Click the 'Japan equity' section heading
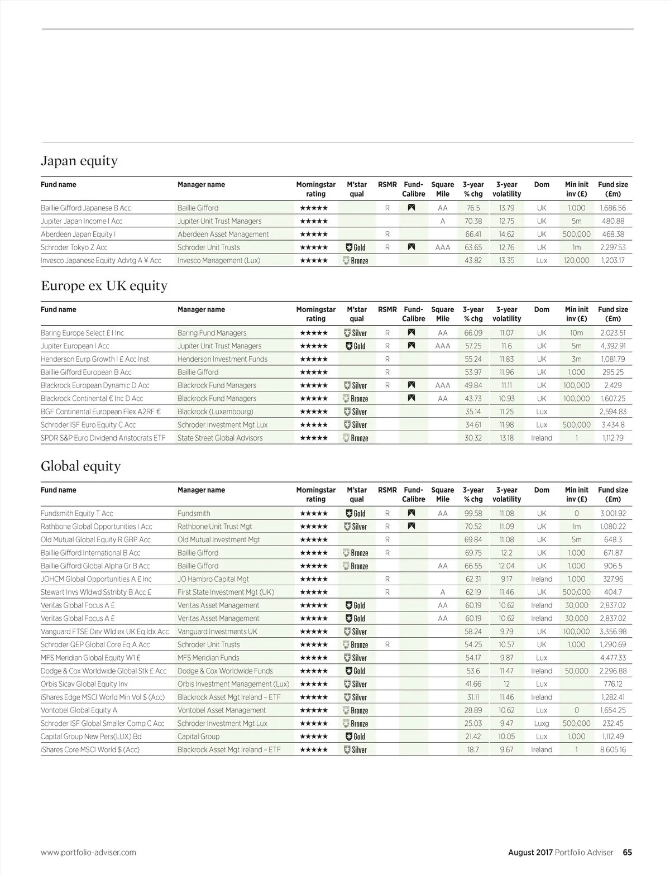point(79,161)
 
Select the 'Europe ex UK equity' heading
point(104,286)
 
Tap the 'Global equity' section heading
point(80,466)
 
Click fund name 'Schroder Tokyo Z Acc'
point(74,247)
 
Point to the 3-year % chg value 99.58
point(473,513)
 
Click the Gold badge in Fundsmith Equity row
point(356,513)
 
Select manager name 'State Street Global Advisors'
point(220,438)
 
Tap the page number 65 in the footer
point(627,852)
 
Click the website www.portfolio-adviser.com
point(88,852)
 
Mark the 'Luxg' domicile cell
point(541,723)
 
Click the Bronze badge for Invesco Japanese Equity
point(356,260)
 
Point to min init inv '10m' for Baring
point(576,333)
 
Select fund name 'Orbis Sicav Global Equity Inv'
point(84,684)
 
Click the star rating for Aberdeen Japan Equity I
point(314,235)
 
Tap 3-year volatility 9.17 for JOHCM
point(506,579)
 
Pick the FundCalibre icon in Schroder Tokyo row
point(411,247)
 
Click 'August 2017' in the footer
point(530,852)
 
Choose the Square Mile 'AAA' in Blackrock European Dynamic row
point(442,385)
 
